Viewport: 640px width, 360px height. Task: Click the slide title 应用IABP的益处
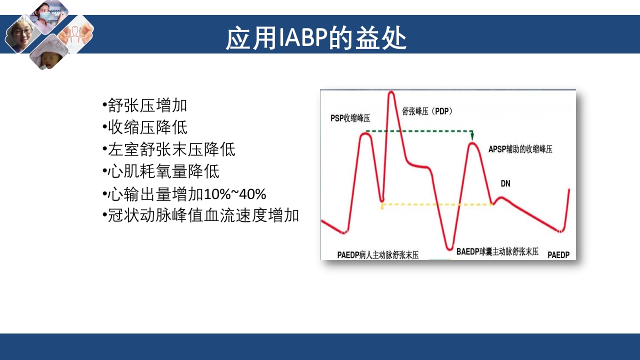click(316, 38)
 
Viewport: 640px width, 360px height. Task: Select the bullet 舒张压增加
click(145, 105)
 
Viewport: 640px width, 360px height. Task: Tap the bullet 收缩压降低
click(145, 127)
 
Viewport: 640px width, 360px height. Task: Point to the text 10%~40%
click(235, 193)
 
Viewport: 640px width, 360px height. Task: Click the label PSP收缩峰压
click(350, 118)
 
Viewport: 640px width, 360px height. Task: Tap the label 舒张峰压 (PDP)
click(427, 111)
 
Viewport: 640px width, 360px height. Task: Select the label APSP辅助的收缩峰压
click(520, 149)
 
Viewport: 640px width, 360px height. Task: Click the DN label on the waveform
click(505, 183)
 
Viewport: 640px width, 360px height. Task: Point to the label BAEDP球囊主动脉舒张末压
click(497, 252)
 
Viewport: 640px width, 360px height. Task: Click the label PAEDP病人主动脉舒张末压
click(377, 255)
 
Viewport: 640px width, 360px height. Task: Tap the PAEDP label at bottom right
click(558, 255)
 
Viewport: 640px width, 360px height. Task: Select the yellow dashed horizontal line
click(437, 204)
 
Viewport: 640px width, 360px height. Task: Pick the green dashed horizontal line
click(417, 131)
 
